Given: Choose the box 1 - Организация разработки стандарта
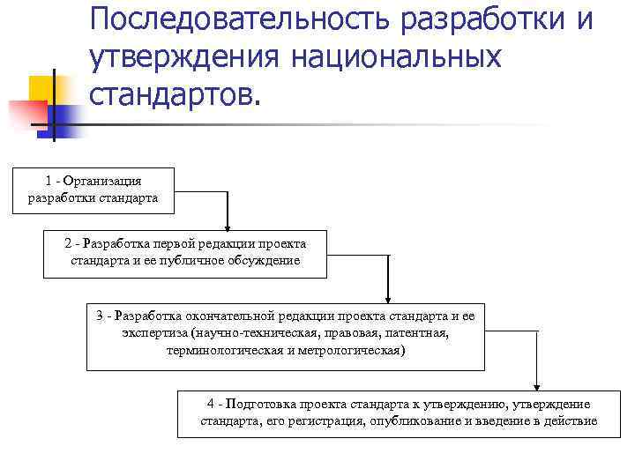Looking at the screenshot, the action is [x=93, y=190].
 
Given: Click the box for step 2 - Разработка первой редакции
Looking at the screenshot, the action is [x=184, y=253].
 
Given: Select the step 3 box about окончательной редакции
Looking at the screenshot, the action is [x=285, y=338].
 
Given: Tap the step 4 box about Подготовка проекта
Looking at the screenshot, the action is [x=399, y=413].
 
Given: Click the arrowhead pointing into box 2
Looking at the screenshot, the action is [x=228, y=224].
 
